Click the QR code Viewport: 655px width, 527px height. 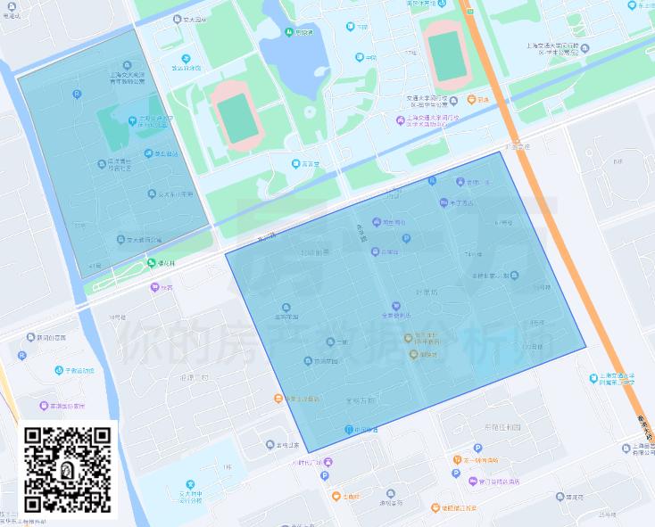[x=68, y=471]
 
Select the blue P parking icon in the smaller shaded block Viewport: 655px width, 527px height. [x=76, y=94]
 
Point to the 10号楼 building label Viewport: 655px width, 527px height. [x=117, y=317]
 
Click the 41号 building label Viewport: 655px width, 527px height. [x=96, y=266]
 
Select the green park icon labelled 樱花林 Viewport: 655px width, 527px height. [x=152, y=262]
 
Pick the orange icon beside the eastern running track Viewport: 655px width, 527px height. [x=471, y=100]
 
